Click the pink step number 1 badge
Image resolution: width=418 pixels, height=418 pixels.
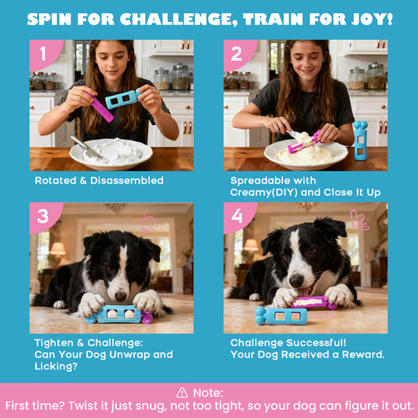point(44,55)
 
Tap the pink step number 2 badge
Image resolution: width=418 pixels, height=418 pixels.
point(238,55)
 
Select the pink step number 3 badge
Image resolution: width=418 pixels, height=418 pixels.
point(44,217)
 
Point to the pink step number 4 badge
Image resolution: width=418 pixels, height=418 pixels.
point(238,217)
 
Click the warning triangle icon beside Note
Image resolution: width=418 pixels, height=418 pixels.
point(182,393)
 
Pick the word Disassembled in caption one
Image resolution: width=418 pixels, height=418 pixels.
point(126,180)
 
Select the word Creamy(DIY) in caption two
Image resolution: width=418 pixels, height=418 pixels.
point(264,192)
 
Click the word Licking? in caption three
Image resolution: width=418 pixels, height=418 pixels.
point(56,366)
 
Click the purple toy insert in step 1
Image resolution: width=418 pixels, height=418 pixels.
point(101,108)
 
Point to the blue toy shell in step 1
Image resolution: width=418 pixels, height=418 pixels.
point(122,99)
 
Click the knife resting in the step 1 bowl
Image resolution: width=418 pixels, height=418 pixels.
point(88,148)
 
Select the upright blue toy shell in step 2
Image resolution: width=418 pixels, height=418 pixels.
point(361,140)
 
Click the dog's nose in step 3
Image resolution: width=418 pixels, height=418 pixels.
point(121,296)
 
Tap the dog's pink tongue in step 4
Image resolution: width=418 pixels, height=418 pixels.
point(304,293)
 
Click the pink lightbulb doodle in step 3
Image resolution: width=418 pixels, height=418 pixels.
point(148,224)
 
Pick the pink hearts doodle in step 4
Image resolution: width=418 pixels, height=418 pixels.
point(360,220)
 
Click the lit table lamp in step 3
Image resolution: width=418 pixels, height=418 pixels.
point(57,249)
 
